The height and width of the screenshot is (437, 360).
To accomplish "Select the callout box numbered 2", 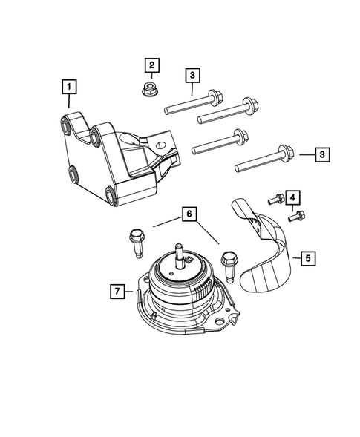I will (151, 65).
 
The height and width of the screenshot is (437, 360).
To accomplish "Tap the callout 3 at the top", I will (192, 75).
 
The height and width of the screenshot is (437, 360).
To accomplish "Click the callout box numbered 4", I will (292, 197).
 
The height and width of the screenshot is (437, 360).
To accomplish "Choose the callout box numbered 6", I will (190, 215).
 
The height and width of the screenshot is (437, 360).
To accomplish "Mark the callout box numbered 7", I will (117, 292).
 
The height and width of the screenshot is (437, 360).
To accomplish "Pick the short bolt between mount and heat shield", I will (229, 263).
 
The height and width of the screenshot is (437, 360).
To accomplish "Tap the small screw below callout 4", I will (298, 216).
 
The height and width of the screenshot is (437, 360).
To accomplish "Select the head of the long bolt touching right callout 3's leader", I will (285, 153).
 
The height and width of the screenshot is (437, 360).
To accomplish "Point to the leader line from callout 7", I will (129, 292).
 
